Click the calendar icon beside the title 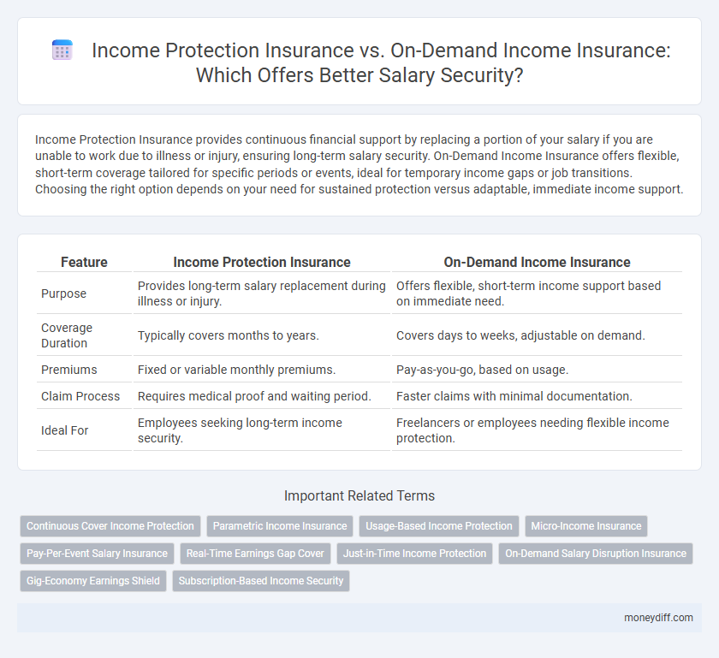coord(62,50)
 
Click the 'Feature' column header coord(84,263)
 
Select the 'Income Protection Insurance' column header coord(261,263)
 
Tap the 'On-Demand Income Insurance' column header coord(537,263)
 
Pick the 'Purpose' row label coord(62,293)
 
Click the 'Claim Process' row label coord(81,396)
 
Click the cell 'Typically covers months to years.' coord(228,335)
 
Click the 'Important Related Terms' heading coord(359,495)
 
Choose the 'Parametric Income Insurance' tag coord(280,526)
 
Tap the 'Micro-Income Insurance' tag coord(586,526)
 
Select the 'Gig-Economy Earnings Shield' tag coord(93,581)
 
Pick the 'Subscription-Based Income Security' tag coord(261,581)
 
